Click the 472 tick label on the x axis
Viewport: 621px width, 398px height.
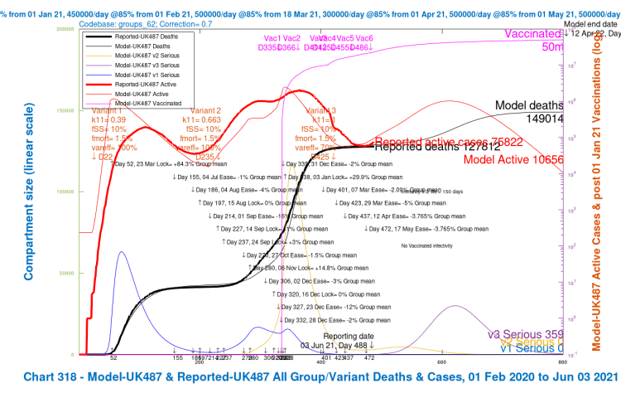click(x=369, y=358)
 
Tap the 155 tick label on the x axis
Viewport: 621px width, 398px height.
click(x=177, y=358)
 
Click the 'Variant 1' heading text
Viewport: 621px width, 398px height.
click(x=108, y=110)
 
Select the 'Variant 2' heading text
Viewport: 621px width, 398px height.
click(x=205, y=110)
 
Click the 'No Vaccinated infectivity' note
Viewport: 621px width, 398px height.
click(x=431, y=246)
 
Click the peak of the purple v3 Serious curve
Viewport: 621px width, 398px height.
click(x=456, y=306)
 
